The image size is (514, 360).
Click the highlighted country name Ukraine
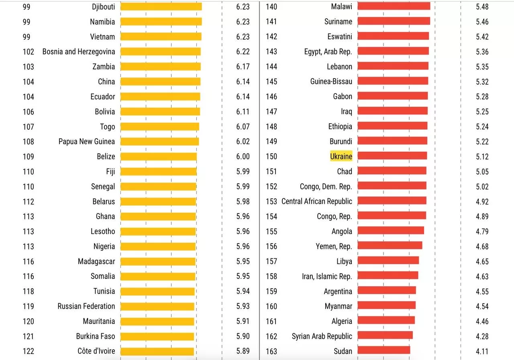pyautogui.click(x=341, y=156)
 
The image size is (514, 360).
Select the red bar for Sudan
pyautogui.click(x=383, y=350)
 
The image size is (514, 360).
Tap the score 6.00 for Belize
pyautogui.click(x=243, y=157)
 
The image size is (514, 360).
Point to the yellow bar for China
pyautogui.click(x=160, y=81)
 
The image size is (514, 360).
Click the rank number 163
pyautogui.click(x=271, y=351)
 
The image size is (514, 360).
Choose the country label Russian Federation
pyautogui.click(x=86, y=306)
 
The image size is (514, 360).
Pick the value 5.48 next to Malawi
pyautogui.click(x=482, y=7)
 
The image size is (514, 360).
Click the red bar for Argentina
pyautogui.click(x=386, y=291)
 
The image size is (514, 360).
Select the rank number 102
pyautogui.click(x=28, y=52)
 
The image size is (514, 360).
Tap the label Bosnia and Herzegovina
pyautogui.click(x=78, y=52)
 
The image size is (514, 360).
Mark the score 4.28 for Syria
pyautogui.click(x=482, y=336)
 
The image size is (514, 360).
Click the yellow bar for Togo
pyautogui.click(x=159, y=127)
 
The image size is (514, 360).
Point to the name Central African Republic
pyautogui.click(x=316, y=201)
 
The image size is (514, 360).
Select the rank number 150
pyautogui.click(x=271, y=157)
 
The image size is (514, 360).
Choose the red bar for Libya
pyautogui.click(x=388, y=260)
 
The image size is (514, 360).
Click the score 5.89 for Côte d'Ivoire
pyautogui.click(x=243, y=351)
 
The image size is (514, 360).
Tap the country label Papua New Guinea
pyautogui.click(x=86, y=142)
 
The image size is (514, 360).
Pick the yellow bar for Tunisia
pyautogui.click(x=157, y=291)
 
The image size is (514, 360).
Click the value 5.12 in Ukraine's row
pyautogui.click(x=482, y=157)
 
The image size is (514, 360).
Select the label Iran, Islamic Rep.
pyautogui.click(x=327, y=276)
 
